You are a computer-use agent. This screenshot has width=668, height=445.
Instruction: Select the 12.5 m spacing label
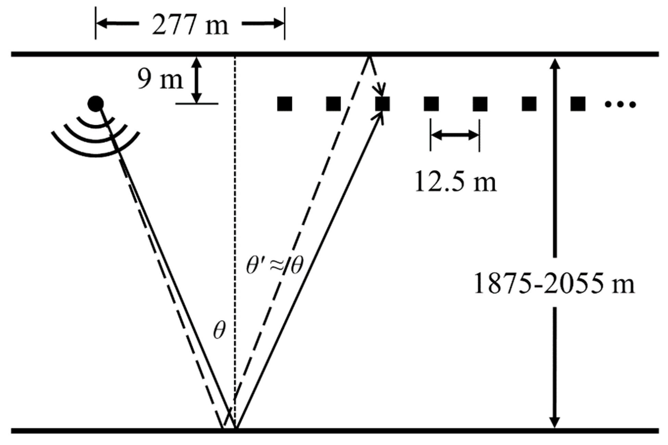tap(455, 182)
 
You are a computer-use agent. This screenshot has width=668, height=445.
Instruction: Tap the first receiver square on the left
tap(285, 104)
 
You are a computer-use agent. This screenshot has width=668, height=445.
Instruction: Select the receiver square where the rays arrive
tap(382, 104)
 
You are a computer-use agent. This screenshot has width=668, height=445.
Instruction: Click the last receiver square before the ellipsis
tap(578, 104)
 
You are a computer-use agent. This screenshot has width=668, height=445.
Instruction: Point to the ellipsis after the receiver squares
tap(620, 104)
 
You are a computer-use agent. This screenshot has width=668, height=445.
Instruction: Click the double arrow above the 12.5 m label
tap(455, 135)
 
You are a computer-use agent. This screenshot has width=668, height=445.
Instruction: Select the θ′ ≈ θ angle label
tap(275, 266)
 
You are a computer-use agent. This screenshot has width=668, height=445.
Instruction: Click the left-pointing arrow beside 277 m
tap(118, 24)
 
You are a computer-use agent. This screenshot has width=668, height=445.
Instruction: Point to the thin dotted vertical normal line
tap(235, 206)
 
